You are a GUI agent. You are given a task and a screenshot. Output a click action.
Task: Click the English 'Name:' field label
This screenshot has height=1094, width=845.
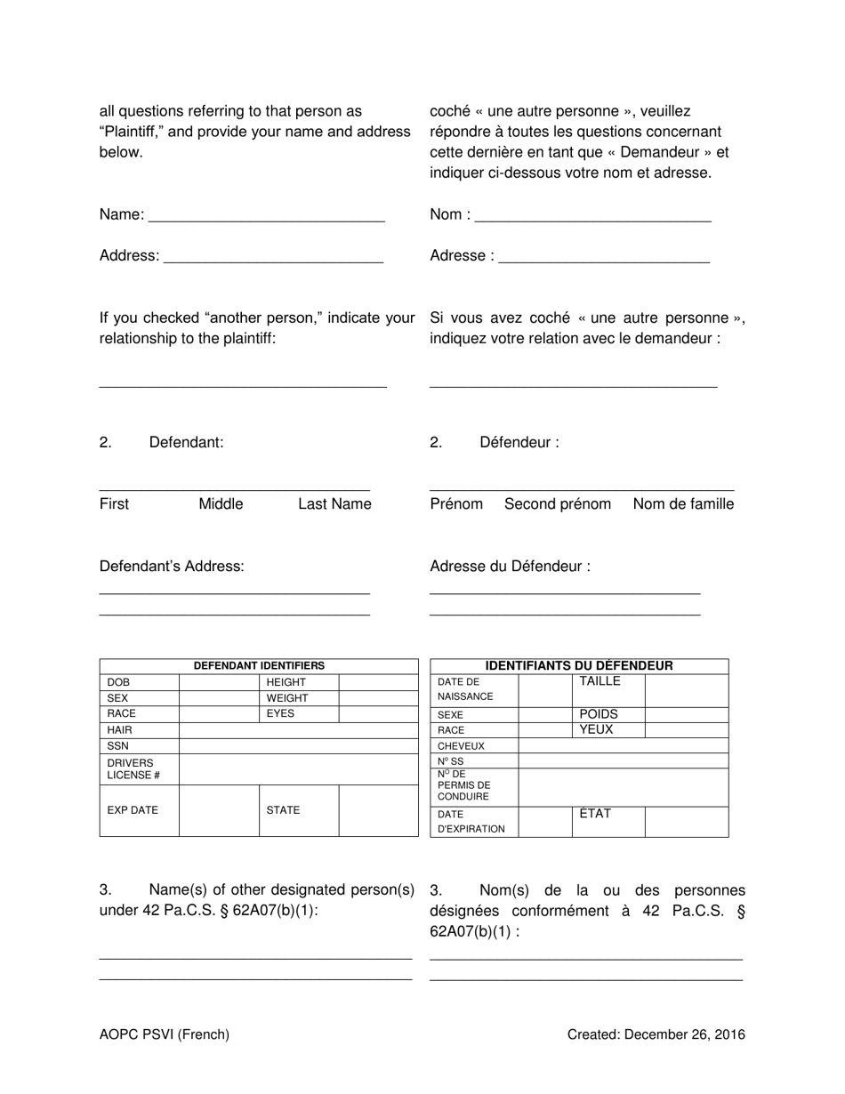[122, 214]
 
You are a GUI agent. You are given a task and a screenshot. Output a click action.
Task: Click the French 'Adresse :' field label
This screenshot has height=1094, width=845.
[462, 256]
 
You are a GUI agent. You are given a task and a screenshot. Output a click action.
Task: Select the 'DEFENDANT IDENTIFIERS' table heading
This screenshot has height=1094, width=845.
[259, 665]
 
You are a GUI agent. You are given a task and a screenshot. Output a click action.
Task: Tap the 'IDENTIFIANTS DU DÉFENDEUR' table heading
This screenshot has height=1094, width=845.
[579, 665]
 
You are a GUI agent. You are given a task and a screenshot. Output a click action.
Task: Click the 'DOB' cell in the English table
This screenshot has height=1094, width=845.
[119, 682]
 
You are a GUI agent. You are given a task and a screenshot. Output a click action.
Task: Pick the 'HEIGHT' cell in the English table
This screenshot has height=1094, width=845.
[286, 682]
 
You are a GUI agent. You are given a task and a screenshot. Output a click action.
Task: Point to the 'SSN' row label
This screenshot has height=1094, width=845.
[119, 746]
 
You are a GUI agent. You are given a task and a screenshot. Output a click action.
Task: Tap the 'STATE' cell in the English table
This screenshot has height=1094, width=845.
[283, 810]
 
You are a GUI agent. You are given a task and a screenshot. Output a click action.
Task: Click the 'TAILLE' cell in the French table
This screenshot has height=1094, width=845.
[600, 681]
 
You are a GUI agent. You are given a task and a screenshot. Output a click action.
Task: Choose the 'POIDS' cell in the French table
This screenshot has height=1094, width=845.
[599, 714]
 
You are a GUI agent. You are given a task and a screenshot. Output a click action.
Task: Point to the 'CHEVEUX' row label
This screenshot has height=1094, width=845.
[461, 746]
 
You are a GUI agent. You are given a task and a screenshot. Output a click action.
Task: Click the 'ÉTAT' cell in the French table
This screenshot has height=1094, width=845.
[595, 814]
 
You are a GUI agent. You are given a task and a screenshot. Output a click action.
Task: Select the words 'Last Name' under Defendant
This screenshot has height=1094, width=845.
[334, 504]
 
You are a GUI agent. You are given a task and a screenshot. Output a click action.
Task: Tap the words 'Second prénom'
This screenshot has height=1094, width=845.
[558, 504]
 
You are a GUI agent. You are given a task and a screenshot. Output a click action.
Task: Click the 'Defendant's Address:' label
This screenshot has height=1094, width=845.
[172, 567]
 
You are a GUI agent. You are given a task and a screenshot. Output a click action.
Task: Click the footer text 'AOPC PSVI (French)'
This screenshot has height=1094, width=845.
[165, 1034]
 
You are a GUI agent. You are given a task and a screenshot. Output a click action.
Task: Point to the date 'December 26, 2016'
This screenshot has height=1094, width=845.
[685, 1034]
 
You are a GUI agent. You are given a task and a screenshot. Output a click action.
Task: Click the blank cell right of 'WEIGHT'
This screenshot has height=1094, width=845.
[378, 698]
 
